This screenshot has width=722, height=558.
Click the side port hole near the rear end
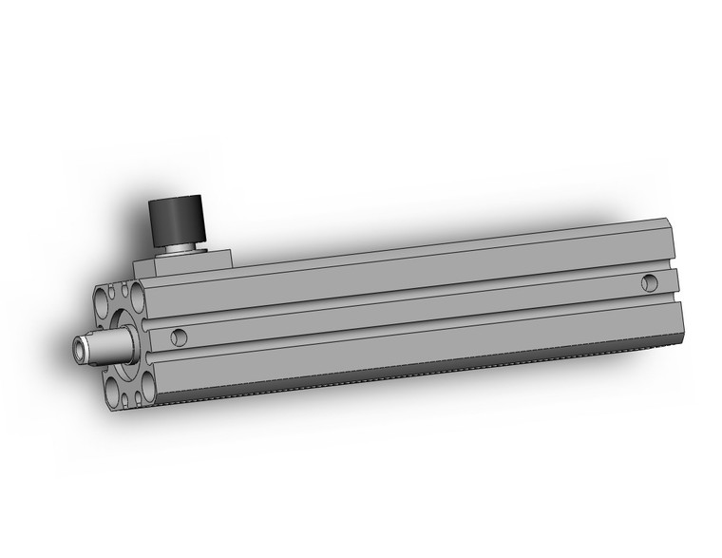click(x=649, y=281)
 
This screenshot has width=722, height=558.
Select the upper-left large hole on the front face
click(x=104, y=300)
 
